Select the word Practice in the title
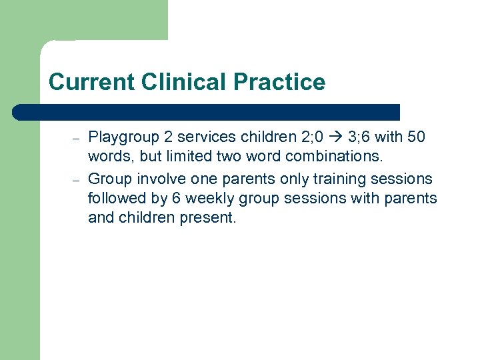click(x=280, y=82)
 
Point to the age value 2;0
click(x=311, y=137)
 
